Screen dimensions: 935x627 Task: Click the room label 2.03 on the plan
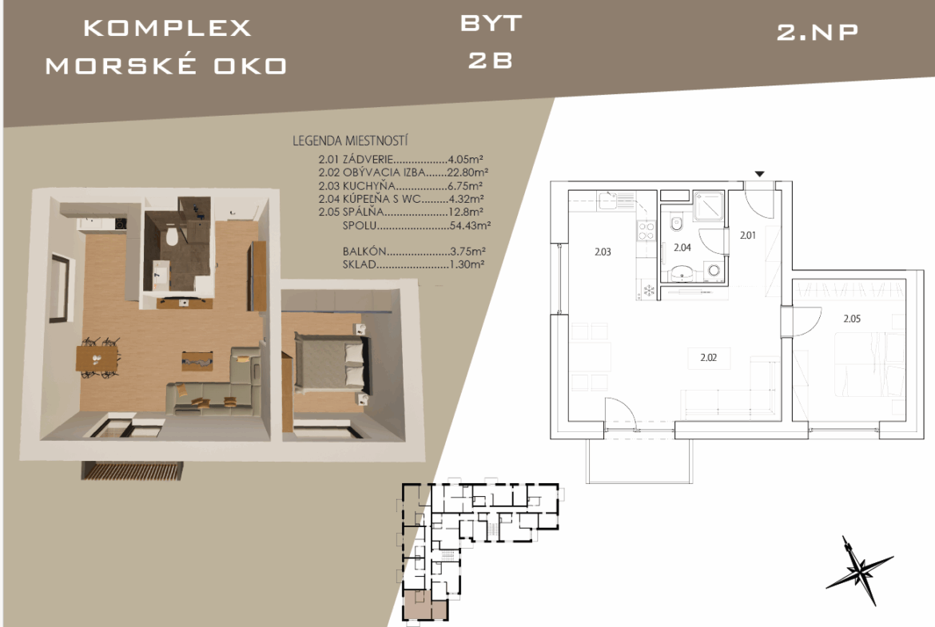(x=603, y=252)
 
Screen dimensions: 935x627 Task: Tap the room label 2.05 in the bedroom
(x=852, y=319)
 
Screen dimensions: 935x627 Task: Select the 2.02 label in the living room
(x=708, y=358)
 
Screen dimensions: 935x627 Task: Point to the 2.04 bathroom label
(x=682, y=248)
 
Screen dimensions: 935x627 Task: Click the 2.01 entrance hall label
(x=747, y=236)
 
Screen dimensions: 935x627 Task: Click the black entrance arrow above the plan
(x=760, y=174)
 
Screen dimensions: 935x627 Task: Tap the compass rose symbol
(x=858, y=569)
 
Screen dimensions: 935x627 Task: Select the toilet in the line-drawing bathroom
(x=675, y=224)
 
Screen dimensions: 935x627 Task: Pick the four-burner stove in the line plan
(x=647, y=231)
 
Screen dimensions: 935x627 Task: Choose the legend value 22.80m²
(x=468, y=173)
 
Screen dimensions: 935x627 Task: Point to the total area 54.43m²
(x=470, y=226)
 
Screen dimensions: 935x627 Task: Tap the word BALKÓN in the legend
(x=364, y=252)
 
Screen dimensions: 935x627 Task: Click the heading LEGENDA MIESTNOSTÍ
(x=350, y=141)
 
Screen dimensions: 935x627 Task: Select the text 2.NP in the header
(x=818, y=32)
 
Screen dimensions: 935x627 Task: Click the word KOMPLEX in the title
(x=168, y=28)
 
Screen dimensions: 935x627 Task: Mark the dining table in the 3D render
(x=97, y=359)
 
